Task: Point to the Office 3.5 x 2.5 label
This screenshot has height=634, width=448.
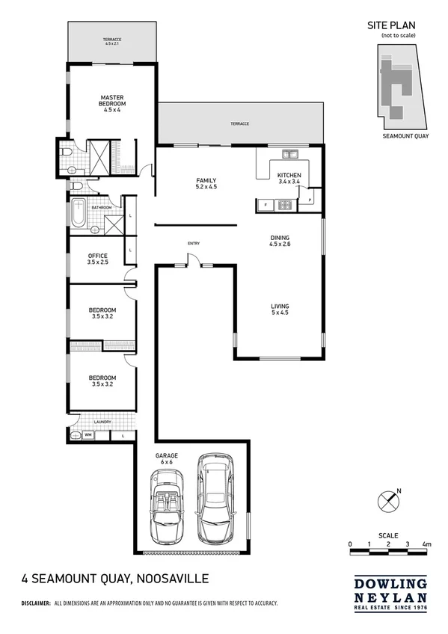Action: (x=98, y=259)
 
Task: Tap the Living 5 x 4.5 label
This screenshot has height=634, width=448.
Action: (x=280, y=310)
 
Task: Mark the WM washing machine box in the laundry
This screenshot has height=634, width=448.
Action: (x=88, y=434)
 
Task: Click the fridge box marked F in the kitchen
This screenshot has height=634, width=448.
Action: (x=265, y=204)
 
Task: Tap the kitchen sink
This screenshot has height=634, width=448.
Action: (x=289, y=155)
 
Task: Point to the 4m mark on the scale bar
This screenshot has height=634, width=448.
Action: (x=427, y=544)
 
